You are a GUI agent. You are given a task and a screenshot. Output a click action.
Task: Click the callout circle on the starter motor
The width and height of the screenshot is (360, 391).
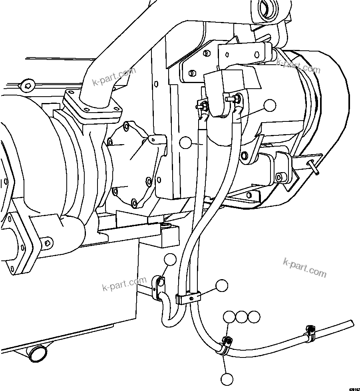(270, 105)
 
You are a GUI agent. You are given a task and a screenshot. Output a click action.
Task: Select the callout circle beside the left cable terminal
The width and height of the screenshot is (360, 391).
(186, 142)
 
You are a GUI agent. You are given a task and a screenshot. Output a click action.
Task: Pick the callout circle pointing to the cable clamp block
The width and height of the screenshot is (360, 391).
(221, 285)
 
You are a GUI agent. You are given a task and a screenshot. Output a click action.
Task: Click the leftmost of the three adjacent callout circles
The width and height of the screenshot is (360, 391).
(229, 317)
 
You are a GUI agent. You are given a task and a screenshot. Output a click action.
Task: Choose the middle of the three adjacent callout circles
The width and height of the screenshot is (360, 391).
(242, 317)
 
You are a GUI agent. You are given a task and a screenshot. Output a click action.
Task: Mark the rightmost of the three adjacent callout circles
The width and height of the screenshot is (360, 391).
(254, 317)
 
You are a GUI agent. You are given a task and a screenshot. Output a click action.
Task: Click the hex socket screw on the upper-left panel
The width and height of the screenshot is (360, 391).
(27, 84)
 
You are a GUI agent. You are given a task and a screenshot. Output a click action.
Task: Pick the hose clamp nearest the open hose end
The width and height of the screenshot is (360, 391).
(310, 333)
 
